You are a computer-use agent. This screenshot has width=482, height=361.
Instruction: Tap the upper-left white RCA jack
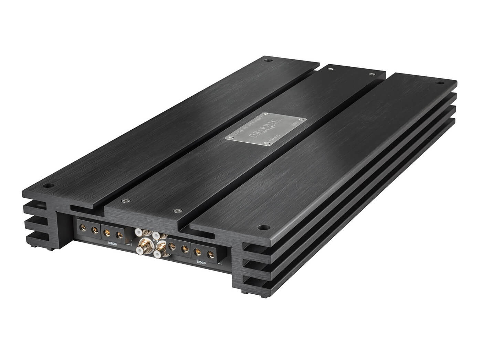(139, 233)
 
